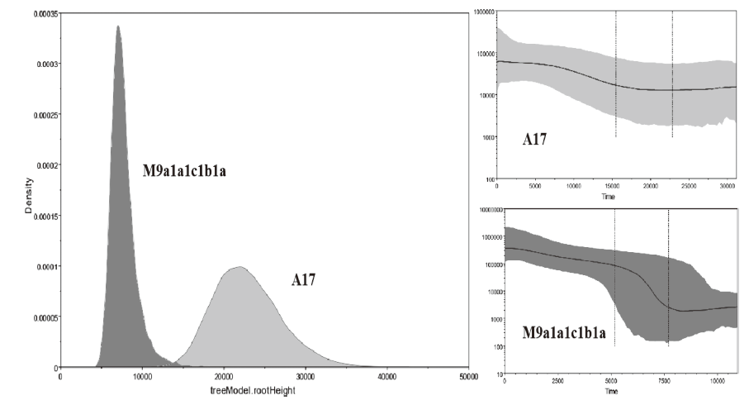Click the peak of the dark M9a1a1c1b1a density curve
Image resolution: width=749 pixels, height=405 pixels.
tap(118, 26)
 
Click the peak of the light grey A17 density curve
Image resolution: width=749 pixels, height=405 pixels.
tap(239, 267)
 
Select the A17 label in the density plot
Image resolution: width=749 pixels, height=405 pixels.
tap(306, 281)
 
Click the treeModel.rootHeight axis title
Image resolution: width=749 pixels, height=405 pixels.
tap(263, 389)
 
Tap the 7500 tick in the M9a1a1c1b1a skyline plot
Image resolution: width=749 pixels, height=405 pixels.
tap(668, 381)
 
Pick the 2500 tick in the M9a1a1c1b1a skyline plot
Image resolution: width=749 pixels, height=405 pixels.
tap(559, 381)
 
